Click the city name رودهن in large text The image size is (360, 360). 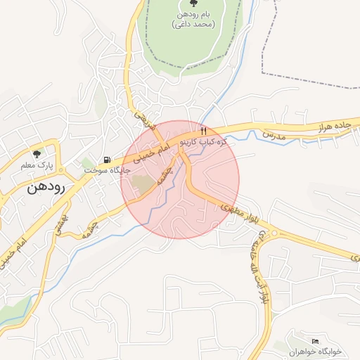pos(46,188)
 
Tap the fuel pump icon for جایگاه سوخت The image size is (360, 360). pos(107,160)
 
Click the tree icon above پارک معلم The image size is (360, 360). pos(37,154)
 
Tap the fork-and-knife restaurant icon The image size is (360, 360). pos(203,130)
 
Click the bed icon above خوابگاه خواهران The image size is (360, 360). pos(314,340)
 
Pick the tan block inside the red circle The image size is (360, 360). pos(144,185)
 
